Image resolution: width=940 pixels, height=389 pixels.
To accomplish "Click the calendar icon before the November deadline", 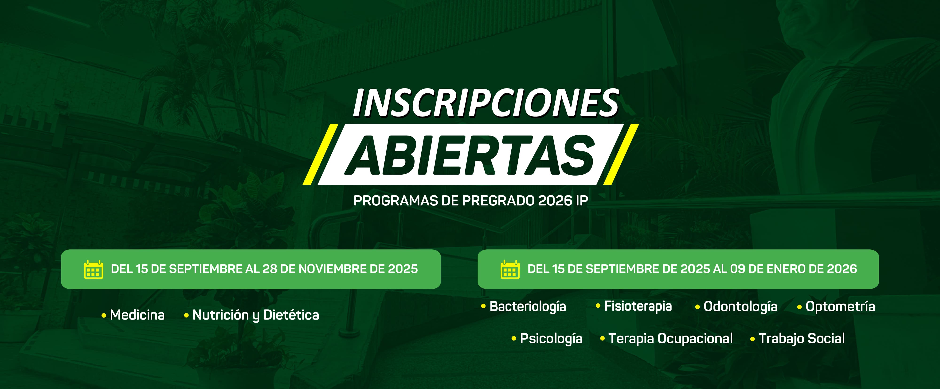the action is (x=94, y=269).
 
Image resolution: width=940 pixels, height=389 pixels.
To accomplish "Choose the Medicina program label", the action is (x=137, y=315).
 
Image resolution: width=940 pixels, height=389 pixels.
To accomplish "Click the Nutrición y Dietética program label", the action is (x=255, y=315).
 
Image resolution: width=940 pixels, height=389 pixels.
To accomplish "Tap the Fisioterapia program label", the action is (x=638, y=306).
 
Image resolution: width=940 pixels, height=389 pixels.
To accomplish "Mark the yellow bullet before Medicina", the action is (x=104, y=315).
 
